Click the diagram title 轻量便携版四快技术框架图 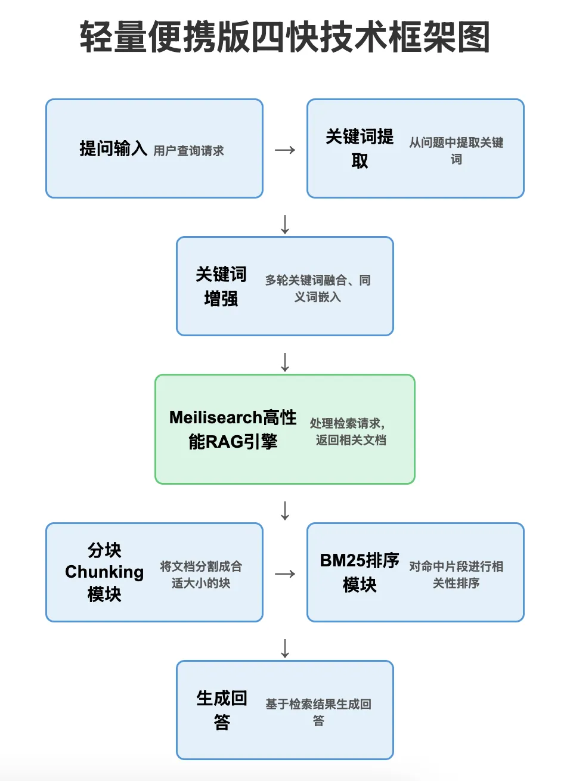point(285,37)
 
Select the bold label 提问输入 point(113,148)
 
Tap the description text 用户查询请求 point(188,151)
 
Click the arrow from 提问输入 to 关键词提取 point(285,150)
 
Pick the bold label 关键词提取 point(360,148)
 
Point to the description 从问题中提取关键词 point(456,150)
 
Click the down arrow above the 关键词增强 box point(285,224)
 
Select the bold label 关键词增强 point(221,286)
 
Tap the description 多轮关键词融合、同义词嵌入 point(318,288)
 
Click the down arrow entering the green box point(285,362)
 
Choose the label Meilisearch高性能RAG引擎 point(233,429)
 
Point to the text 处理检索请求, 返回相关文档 point(349,431)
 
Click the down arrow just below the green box point(285,510)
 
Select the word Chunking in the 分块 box point(104,572)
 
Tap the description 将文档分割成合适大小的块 point(201,574)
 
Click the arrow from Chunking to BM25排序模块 point(285,574)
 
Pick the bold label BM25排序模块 point(360,572)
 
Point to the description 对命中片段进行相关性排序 point(456,574)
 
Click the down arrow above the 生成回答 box point(285,648)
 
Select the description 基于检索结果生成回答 point(318,712)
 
